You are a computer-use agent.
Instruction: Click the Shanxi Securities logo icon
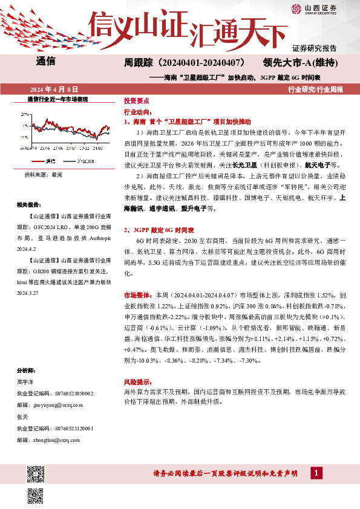tap(296, 8)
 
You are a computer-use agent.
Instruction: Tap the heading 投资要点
tap(136, 101)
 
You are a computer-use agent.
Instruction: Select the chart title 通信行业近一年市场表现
tap(58, 99)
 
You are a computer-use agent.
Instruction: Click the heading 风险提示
tap(137, 383)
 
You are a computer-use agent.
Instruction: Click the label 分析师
tap(27, 370)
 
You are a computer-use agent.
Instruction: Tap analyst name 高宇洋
tap(26, 381)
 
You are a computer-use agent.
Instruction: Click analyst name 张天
tap(23, 417)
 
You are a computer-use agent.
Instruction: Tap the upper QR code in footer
tap(35, 474)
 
